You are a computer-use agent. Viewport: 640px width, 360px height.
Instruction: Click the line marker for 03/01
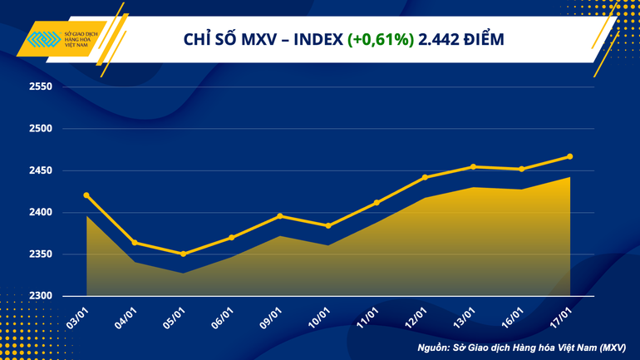[86, 195]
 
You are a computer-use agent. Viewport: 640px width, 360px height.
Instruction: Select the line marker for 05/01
[183, 254]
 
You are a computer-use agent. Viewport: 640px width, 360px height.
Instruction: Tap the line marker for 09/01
[280, 216]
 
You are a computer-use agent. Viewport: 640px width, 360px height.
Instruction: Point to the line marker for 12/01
[425, 177]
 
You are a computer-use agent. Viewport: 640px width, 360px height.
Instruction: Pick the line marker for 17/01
[570, 156]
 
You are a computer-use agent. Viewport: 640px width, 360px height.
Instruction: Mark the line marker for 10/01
[328, 225]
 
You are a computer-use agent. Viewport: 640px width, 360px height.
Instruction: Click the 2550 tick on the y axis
[41, 87]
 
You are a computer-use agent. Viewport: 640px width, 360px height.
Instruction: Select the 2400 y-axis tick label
[41, 213]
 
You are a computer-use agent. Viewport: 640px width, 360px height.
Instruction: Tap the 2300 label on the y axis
[41, 296]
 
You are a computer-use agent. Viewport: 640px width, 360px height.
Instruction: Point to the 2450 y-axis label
[41, 171]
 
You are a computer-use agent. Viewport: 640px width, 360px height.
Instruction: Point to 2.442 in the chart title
[441, 40]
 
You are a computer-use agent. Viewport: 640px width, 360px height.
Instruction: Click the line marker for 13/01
[473, 167]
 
